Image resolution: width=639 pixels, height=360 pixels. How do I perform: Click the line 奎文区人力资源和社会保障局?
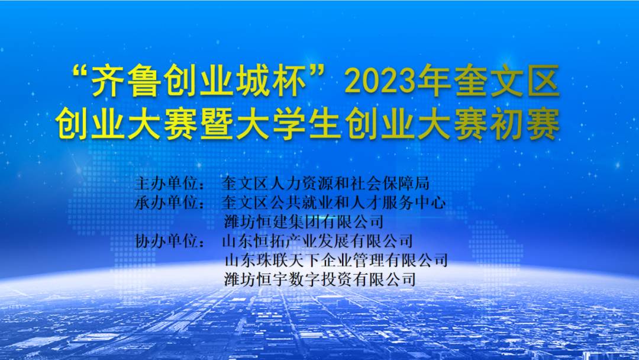(x=325, y=184)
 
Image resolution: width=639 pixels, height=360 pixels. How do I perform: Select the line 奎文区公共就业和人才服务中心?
(x=333, y=202)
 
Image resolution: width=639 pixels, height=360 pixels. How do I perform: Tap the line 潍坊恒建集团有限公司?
(x=304, y=222)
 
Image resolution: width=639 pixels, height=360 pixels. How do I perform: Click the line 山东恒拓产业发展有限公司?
(x=318, y=241)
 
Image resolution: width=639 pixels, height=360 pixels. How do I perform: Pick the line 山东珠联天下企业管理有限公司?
(x=336, y=260)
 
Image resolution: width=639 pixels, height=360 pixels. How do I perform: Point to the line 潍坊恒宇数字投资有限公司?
(x=320, y=279)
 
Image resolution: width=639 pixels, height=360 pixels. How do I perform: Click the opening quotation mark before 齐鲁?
(x=81, y=73)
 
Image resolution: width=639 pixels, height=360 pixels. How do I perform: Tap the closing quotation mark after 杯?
(x=318, y=73)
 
